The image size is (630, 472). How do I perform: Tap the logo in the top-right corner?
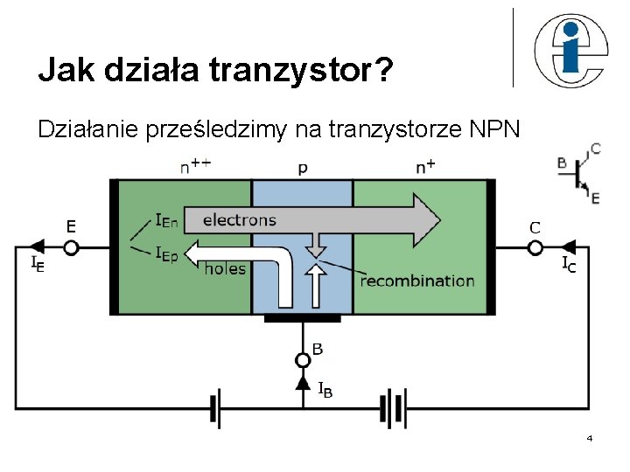(569, 51)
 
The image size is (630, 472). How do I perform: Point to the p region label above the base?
(303, 168)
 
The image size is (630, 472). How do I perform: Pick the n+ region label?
(426, 166)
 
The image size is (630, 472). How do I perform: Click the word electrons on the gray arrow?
(239, 219)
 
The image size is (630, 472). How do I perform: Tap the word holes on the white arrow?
(225, 268)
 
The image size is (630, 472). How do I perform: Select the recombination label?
(417, 281)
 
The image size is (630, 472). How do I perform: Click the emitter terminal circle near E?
(71, 247)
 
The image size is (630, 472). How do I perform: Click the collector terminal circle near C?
(535, 247)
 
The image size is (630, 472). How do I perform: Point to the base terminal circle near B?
(303, 359)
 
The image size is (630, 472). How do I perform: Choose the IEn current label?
(165, 222)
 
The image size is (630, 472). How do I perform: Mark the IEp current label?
(165, 253)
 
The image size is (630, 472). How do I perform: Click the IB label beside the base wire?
(324, 389)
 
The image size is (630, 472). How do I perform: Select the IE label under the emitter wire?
(38, 262)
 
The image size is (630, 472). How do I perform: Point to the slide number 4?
(590, 437)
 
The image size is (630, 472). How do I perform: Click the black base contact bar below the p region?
(302, 318)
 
